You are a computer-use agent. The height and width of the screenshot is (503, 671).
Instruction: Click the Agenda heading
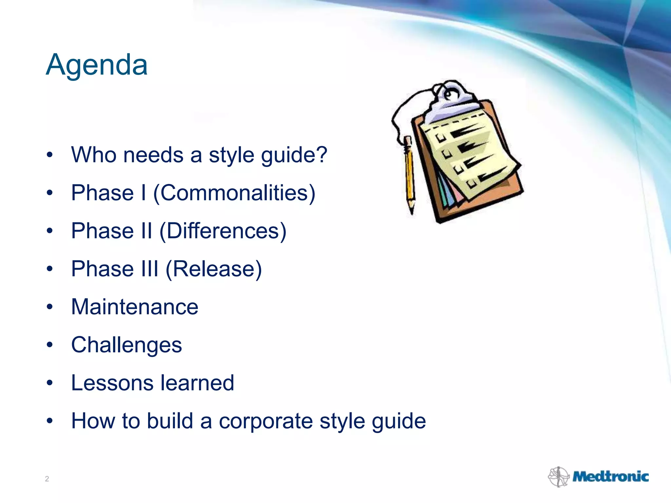coord(97,65)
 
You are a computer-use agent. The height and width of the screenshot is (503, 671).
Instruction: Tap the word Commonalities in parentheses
coord(234,193)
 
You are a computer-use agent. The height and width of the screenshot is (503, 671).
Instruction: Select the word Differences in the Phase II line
coord(223,231)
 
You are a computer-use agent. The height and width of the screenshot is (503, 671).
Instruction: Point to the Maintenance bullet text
coord(135,307)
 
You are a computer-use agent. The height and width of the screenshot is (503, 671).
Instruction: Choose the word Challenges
coord(126,345)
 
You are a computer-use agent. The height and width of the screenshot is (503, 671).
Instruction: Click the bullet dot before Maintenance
coord(49,307)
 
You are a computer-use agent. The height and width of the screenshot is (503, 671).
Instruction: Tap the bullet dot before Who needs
coord(49,155)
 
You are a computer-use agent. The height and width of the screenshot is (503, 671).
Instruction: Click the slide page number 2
coord(47,479)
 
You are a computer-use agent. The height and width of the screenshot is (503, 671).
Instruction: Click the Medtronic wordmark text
coord(610,476)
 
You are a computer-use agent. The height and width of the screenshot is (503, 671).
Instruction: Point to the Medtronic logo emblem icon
coord(558,476)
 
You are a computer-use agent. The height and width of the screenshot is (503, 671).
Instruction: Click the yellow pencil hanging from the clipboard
coord(409,174)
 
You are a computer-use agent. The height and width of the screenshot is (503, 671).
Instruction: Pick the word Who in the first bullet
coord(93,155)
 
